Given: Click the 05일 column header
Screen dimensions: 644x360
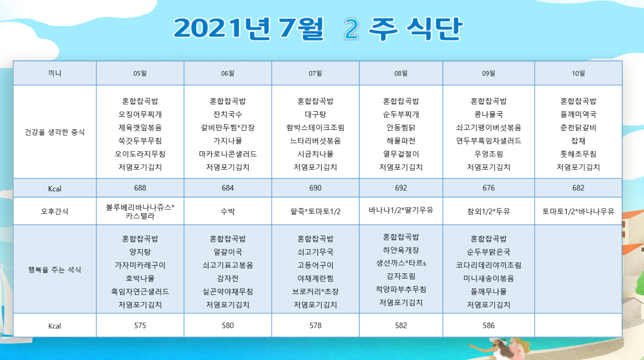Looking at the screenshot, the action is tap(140, 74).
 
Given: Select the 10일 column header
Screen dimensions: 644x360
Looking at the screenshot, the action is tap(578, 74).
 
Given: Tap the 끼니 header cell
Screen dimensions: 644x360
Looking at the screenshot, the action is tap(55, 74).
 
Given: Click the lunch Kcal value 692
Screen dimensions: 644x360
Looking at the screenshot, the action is tap(401, 188).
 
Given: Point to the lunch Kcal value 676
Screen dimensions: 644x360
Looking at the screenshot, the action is tap(489, 188).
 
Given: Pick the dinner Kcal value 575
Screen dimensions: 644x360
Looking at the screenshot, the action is tap(140, 325).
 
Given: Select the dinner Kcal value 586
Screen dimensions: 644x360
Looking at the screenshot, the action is tap(489, 325).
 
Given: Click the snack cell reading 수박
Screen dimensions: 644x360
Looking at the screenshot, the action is tap(228, 211).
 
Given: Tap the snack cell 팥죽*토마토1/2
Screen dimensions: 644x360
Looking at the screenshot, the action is tap(315, 211).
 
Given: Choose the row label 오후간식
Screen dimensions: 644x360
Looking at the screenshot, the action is tap(55, 211).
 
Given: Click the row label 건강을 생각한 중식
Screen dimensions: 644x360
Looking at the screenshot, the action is tap(55, 132).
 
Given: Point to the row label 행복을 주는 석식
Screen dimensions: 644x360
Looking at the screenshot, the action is tap(55, 270).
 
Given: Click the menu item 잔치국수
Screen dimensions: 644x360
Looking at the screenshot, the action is tap(228, 114).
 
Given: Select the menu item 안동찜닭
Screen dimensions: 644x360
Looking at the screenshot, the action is tap(401, 127).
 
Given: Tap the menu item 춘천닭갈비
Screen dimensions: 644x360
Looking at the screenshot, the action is tap(578, 127).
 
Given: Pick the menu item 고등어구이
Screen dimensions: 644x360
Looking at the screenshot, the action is tap(315, 265).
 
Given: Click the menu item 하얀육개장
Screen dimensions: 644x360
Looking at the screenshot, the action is tap(401, 250).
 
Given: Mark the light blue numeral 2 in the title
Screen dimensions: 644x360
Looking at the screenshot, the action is tap(352, 29).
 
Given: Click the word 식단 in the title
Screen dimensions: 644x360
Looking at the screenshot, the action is tap(434, 29).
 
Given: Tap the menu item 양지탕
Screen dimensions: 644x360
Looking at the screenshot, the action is tap(140, 252).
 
